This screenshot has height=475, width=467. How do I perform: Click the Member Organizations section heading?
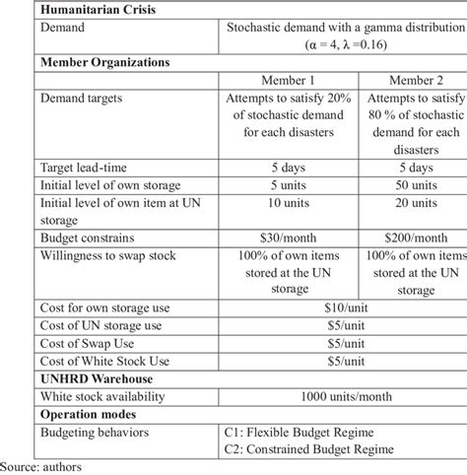pos(103,61)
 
